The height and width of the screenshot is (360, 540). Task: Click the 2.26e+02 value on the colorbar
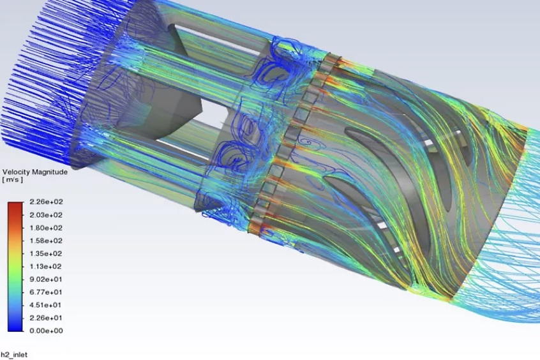(x=46, y=202)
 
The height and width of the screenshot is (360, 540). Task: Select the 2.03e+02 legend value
(x=46, y=215)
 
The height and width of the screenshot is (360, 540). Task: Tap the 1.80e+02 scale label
(x=46, y=228)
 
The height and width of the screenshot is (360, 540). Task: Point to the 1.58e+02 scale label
(x=46, y=241)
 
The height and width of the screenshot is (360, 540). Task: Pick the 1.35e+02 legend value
(x=46, y=253)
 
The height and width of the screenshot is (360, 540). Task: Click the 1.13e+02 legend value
(x=46, y=266)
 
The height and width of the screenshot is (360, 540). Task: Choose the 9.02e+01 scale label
(x=46, y=279)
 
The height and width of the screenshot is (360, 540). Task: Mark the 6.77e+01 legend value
(x=46, y=292)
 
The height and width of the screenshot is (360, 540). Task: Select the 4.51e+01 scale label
(x=46, y=305)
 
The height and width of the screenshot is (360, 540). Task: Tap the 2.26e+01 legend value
(x=46, y=318)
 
